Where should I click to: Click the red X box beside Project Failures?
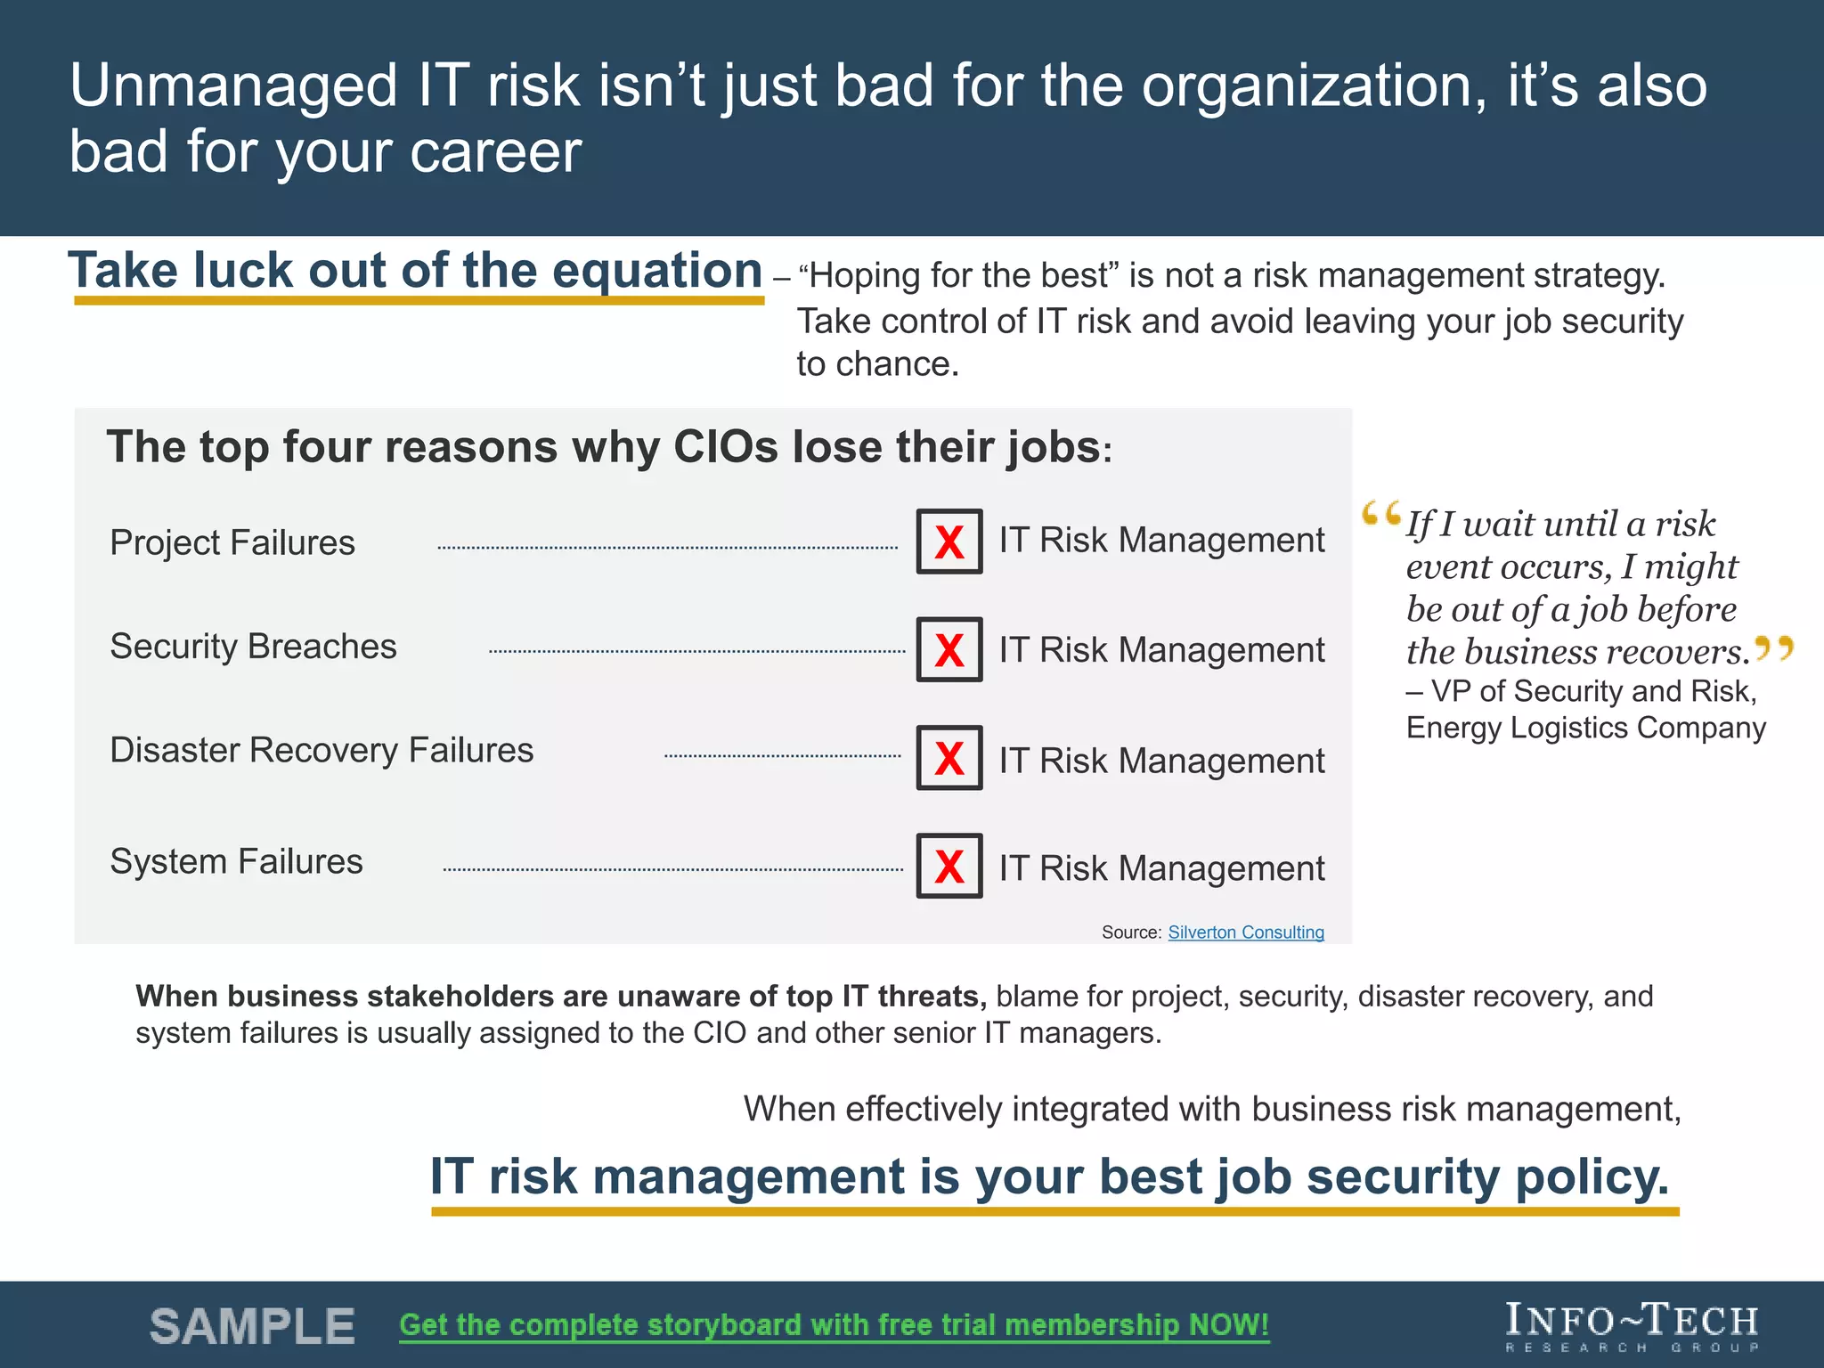949,541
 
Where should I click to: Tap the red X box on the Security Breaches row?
949,650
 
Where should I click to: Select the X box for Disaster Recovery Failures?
949,758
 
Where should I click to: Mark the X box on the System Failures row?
949,866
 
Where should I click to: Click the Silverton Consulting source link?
1245,932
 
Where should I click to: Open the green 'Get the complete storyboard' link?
834,1325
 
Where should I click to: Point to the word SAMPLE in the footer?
252,1326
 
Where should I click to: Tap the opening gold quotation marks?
1380,514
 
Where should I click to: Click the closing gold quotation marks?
1773,647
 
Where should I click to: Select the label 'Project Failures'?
232,542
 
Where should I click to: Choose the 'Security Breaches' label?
253,647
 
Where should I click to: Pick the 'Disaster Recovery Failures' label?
322,750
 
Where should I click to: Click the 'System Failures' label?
236,861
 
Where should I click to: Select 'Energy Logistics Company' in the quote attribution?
1585,728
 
